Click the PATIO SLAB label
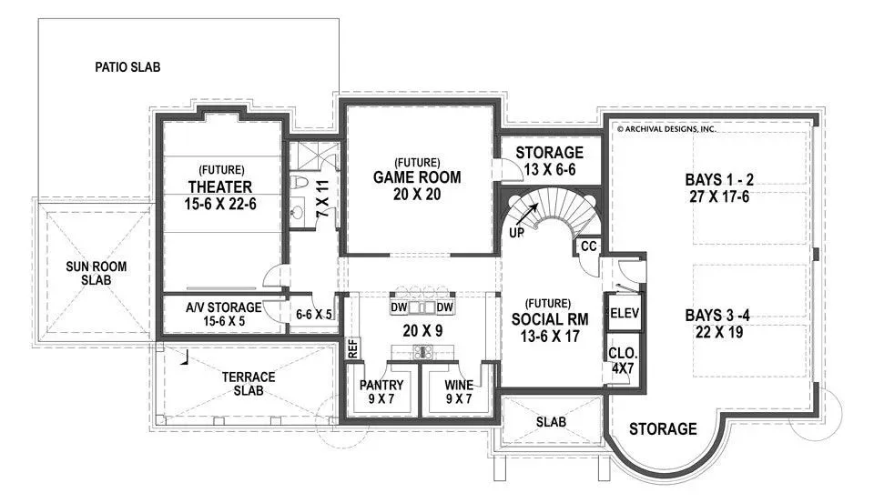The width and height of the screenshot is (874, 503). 127,67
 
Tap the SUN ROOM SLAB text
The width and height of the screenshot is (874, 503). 96,273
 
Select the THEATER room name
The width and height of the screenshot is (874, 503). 220,186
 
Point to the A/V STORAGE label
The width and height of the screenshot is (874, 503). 224,307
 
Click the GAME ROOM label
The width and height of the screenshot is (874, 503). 417,177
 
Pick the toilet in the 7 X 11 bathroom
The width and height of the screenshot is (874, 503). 299,182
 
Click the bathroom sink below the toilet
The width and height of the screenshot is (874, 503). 298,212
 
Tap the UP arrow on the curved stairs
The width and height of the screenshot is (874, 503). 527,214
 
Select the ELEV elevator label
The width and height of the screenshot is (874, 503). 625,313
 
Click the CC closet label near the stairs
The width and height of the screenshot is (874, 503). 589,246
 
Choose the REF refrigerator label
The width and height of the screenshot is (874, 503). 352,348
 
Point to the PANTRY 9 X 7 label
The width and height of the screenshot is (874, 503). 381,392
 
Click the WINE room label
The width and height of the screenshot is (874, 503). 459,385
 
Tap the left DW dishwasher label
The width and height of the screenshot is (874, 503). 399,307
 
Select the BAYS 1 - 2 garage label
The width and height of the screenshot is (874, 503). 719,180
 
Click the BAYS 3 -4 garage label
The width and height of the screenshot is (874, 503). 717,316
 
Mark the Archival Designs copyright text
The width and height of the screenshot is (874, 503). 666,128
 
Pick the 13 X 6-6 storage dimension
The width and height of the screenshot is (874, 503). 550,169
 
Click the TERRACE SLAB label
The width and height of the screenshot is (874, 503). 249,384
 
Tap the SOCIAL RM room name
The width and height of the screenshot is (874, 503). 550,319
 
